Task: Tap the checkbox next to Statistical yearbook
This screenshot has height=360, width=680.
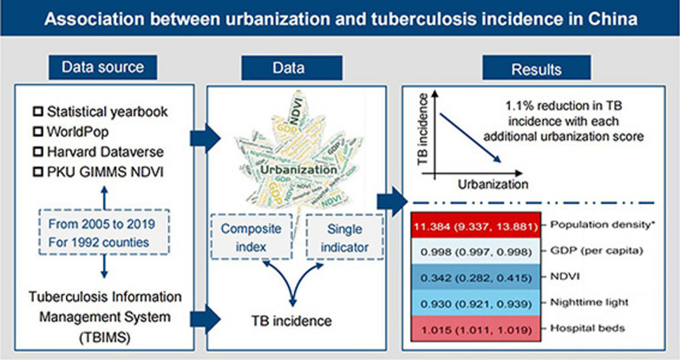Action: click(x=36, y=111)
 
